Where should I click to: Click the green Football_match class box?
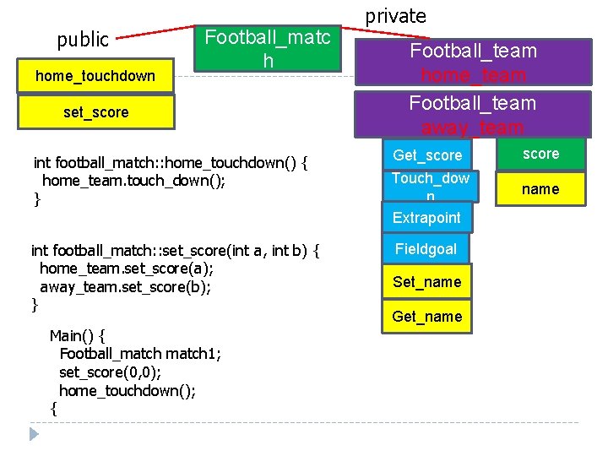tap(268, 49)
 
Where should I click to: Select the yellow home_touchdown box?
tap(95, 76)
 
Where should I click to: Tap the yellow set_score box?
tap(95, 112)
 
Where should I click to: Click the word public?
tap(83, 40)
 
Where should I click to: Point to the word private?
tap(395, 16)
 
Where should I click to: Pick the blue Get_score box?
tap(427, 155)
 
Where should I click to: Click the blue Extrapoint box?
tap(426, 218)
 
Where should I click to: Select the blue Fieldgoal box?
tap(426, 248)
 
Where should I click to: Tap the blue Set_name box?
tap(426, 282)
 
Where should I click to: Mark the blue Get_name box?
tap(426, 317)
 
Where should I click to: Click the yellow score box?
tap(540, 154)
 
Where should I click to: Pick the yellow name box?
tap(540, 189)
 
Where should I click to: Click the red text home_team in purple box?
tap(473, 76)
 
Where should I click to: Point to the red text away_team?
tap(473, 128)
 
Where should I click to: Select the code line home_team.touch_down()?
tap(133, 181)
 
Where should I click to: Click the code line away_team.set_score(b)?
tap(125, 286)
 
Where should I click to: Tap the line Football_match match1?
tap(140, 353)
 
